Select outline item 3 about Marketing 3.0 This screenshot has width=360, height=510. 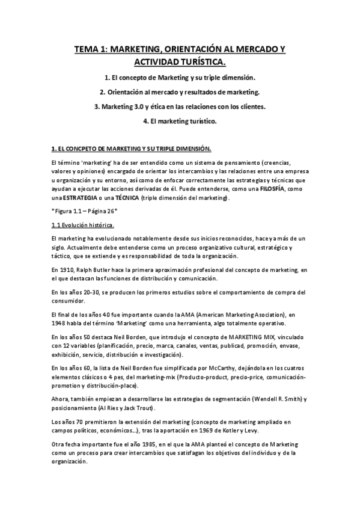tap(180, 106)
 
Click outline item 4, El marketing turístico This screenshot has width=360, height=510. tap(180, 121)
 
